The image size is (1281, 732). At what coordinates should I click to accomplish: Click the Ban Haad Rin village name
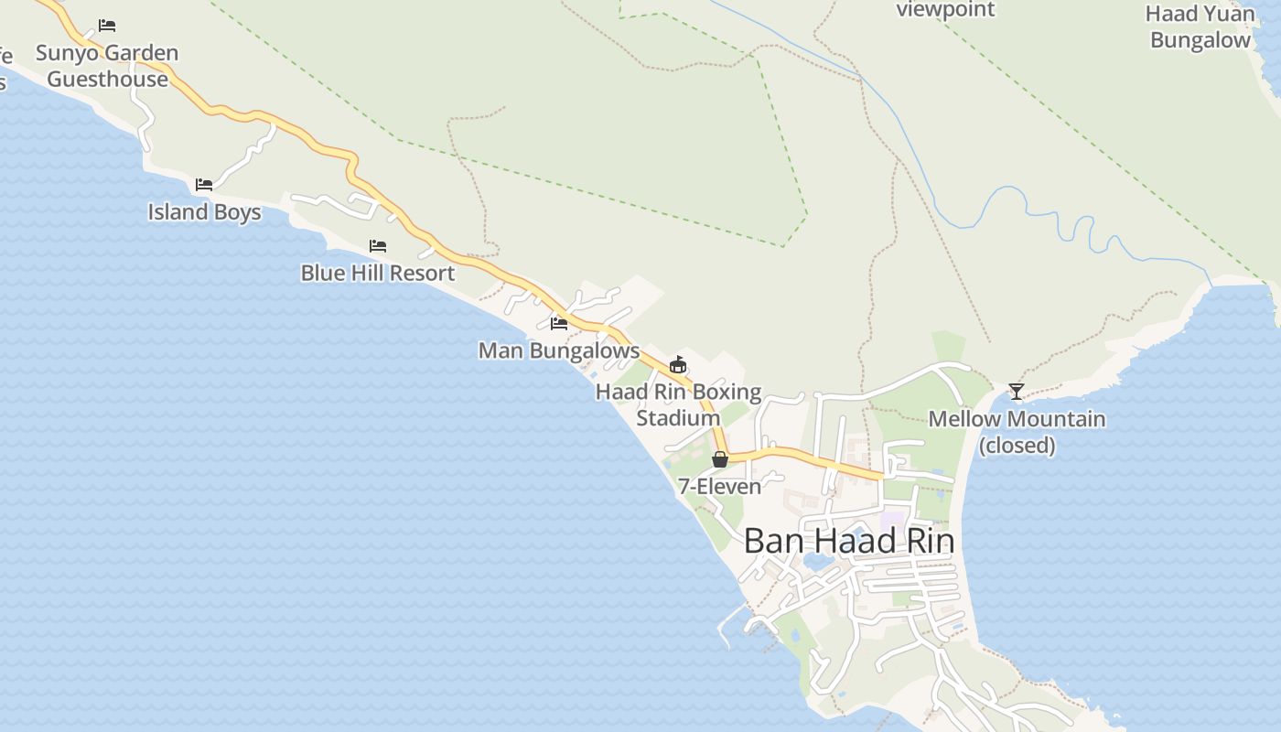pos(848,541)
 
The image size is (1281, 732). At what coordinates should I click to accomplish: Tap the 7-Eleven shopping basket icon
pos(720,459)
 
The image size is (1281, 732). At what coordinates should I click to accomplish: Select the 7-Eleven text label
pos(719,486)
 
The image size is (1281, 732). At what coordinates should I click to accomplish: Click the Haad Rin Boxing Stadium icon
pos(678,365)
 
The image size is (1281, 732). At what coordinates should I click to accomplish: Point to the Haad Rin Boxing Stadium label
pos(678,404)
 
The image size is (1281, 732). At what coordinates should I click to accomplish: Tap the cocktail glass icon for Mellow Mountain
pos(1016,392)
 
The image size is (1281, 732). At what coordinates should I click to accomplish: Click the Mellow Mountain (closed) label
pos(1017,432)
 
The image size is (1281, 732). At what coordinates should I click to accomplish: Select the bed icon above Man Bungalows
pos(558,323)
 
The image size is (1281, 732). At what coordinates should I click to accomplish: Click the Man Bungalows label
pos(558,350)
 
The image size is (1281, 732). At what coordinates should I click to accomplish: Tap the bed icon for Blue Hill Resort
pos(377,246)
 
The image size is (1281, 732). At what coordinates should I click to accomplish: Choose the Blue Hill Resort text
pos(377,273)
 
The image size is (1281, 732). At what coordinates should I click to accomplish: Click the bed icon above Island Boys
pos(204,185)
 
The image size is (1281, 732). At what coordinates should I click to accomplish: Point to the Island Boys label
pos(204,212)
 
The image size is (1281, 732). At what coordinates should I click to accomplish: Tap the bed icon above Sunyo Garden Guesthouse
pos(107,25)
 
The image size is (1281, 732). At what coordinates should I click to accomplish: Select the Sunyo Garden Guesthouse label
pos(107,66)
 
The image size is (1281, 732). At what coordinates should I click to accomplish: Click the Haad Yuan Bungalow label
pos(1200,27)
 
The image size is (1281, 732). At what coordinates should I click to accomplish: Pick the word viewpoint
pos(945,10)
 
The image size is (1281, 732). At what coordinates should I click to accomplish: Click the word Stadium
pos(678,418)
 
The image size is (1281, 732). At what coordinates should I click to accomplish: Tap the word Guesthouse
pos(107,79)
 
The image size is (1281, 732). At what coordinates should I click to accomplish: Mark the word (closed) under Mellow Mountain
pos(1017,446)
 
